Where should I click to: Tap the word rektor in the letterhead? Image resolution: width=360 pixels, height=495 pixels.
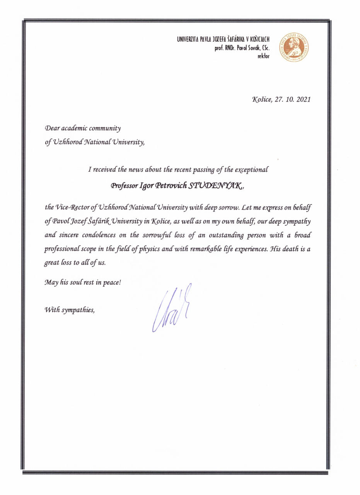(263, 56)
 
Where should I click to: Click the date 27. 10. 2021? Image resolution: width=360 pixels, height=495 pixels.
(293, 99)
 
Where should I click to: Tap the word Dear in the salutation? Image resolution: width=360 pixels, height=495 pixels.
(52, 128)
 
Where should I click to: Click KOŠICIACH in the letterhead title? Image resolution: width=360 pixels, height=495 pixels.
(258, 39)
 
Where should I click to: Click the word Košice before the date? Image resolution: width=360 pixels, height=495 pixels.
(262, 99)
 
